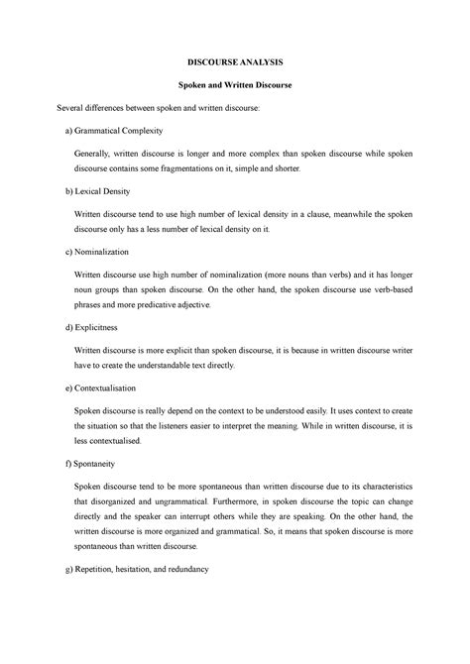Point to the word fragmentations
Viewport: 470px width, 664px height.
pyautogui.click(x=217, y=169)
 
